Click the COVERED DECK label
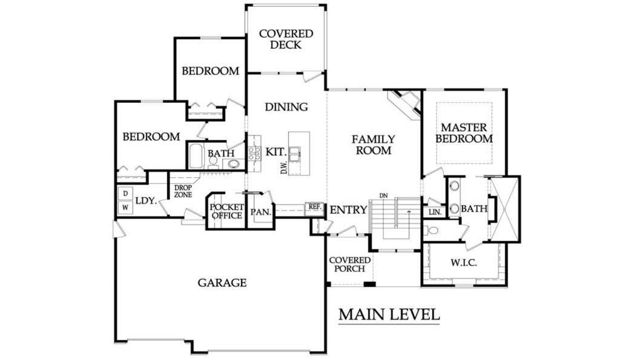pyautogui.click(x=286, y=39)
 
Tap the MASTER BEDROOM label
pyautogui.click(x=464, y=133)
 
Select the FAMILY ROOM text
pyautogui.click(x=373, y=145)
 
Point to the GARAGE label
pyautogui.click(x=222, y=283)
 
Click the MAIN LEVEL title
pyautogui.click(x=389, y=315)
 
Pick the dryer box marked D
pyautogui.click(x=125, y=194)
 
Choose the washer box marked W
pyautogui.click(x=125, y=208)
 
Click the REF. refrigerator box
pyautogui.click(x=315, y=207)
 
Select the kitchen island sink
pyautogui.click(x=295, y=154)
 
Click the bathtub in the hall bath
pyautogui.click(x=195, y=155)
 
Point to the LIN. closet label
pyautogui.click(x=435, y=212)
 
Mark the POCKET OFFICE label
pyautogui.click(x=226, y=211)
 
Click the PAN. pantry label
pyautogui.click(x=260, y=212)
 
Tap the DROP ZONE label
pyautogui.click(x=183, y=191)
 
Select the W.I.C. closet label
pyautogui.click(x=463, y=263)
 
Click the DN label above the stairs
pyautogui.click(x=383, y=195)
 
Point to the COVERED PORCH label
pyautogui.click(x=349, y=264)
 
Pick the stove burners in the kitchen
pyautogui.click(x=254, y=153)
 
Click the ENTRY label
pyautogui.click(x=348, y=210)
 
